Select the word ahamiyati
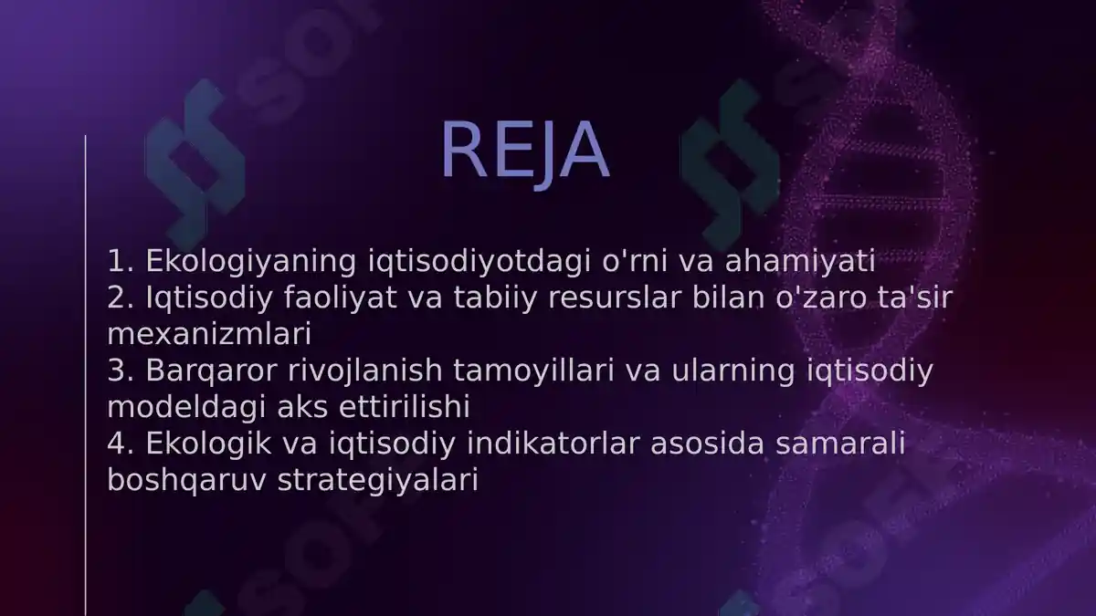click(800, 262)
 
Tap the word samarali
click(853, 444)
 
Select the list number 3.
click(119, 371)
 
